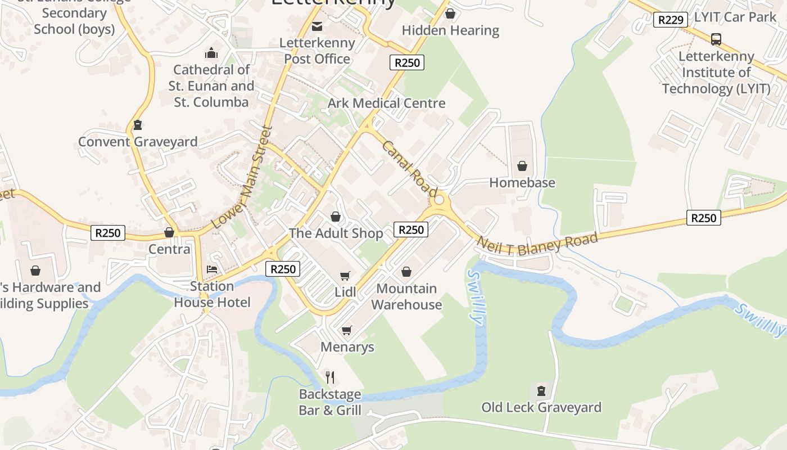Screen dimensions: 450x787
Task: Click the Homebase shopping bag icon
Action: pyautogui.click(x=522, y=166)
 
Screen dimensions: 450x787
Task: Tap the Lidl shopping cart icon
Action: pyautogui.click(x=345, y=276)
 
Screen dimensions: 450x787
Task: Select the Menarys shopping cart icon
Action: pyautogui.click(x=347, y=330)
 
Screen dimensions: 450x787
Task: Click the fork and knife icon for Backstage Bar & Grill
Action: pyautogui.click(x=330, y=377)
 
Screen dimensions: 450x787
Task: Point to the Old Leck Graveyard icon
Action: pyautogui.click(x=541, y=390)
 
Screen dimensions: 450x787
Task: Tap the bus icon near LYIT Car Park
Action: pyautogui.click(x=716, y=39)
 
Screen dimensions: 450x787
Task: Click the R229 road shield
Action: pyautogui.click(x=671, y=20)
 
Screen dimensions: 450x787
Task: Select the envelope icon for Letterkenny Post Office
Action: pyautogui.click(x=318, y=26)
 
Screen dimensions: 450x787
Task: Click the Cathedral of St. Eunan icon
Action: pyautogui.click(x=211, y=53)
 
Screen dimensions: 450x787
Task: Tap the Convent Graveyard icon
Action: pyautogui.click(x=138, y=125)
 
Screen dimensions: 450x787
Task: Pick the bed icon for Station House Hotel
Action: pyautogui.click(x=212, y=269)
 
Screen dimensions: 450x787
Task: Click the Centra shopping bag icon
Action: pyautogui.click(x=169, y=232)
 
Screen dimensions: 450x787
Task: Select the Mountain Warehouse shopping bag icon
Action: pyautogui.click(x=406, y=272)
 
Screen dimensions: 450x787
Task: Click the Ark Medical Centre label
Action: pyautogui.click(x=386, y=103)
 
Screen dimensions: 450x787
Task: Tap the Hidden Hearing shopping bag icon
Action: pyautogui.click(x=450, y=14)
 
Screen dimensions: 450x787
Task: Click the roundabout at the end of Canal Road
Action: pyautogui.click(x=440, y=200)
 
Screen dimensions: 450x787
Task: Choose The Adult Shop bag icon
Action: pyautogui.click(x=336, y=217)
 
